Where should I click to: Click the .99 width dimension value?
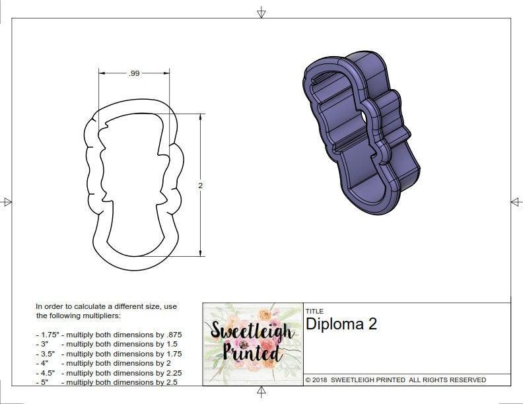click(x=135, y=74)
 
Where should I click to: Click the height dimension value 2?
click(x=201, y=185)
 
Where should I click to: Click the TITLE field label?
click(x=314, y=311)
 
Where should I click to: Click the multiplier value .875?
click(x=173, y=335)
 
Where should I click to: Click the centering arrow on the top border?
click(x=261, y=13)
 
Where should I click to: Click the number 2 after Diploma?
click(x=372, y=324)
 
